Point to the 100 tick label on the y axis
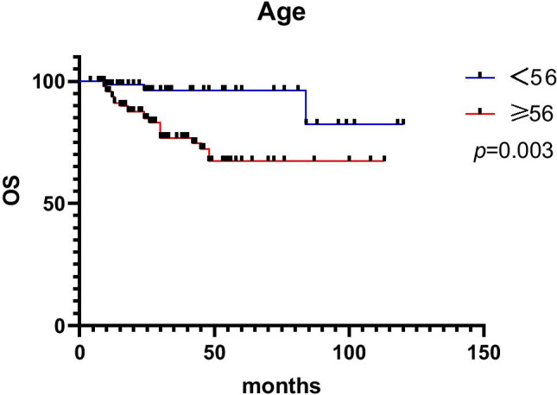pyautogui.click(x=53, y=81)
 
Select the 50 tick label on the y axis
pyautogui.click(x=58, y=204)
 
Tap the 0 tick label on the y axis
pyautogui.click(x=64, y=325)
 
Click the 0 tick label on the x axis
pyautogui.click(x=79, y=350)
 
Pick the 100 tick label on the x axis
pyautogui.click(x=349, y=350)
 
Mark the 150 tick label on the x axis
pyautogui.click(x=484, y=350)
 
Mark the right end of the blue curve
pyautogui.click(x=403, y=123)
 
